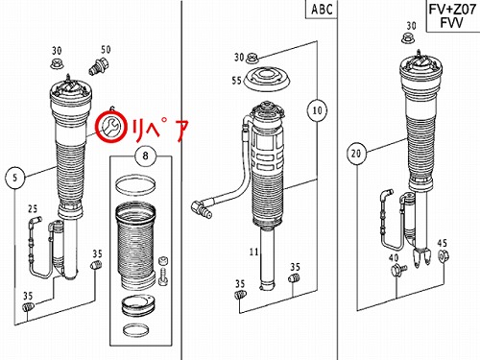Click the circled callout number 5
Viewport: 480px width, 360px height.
pyautogui.click(x=15, y=178)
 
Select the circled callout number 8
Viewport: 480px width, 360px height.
pyautogui.click(x=145, y=156)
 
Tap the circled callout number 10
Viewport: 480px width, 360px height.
pyautogui.click(x=317, y=110)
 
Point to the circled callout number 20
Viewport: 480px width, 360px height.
pyautogui.click(x=356, y=154)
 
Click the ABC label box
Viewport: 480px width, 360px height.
pyautogui.click(x=321, y=10)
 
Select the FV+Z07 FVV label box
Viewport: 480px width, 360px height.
pyautogui.click(x=452, y=15)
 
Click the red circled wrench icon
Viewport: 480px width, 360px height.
pyautogui.click(x=111, y=127)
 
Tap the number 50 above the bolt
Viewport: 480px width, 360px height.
pyautogui.click(x=106, y=50)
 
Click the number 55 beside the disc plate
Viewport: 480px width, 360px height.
pyautogui.click(x=237, y=80)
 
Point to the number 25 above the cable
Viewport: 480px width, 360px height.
pyautogui.click(x=33, y=209)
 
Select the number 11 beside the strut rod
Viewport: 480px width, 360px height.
pyautogui.click(x=253, y=252)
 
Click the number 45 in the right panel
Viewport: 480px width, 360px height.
pyautogui.click(x=442, y=243)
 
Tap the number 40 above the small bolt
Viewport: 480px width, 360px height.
pyautogui.click(x=394, y=257)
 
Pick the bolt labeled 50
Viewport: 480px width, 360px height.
pyautogui.click(x=99, y=66)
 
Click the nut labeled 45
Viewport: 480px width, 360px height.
pyautogui.click(x=443, y=256)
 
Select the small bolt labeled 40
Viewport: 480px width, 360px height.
pyautogui.click(x=398, y=271)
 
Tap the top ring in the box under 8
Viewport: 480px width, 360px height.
pyautogui.click(x=135, y=185)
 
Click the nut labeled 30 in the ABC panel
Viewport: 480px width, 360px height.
pyautogui.click(x=252, y=58)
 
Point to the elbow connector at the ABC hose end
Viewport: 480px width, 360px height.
pyautogui.click(x=201, y=208)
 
